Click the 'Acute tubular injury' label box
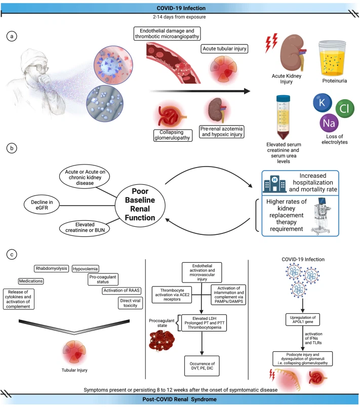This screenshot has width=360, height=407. point(219,49)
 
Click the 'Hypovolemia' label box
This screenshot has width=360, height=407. point(86,268)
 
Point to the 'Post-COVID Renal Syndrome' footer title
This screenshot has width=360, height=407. point(180,400)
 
